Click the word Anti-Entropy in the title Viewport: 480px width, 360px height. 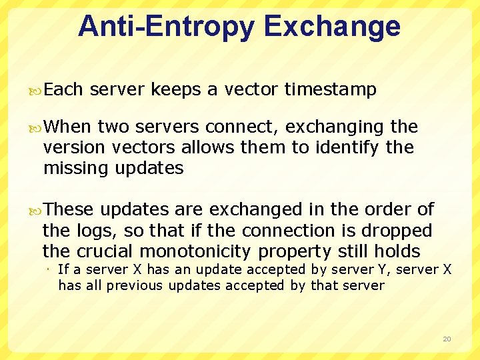click(167, 27)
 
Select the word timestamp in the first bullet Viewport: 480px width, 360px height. click(330, 90)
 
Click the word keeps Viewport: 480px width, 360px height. click(175, 90)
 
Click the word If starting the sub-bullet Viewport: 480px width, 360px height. click(63, 270)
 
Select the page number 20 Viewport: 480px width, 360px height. click(447, 339)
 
